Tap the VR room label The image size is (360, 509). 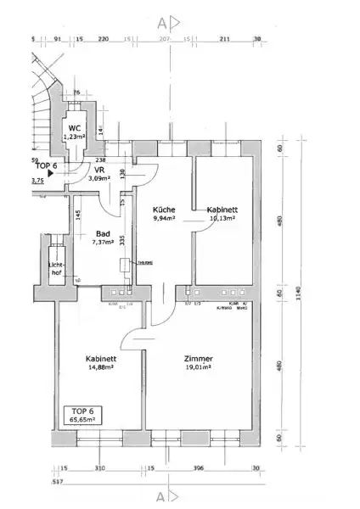click(x=98, y=170)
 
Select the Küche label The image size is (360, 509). click(x=163, y=209)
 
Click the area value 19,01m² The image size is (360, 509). click(x=200, y=369)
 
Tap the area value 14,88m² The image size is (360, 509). click(x=100, y=369)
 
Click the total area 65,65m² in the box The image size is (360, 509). click(x=85, y=419)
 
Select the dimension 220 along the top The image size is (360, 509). click(x=104, y=39)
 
